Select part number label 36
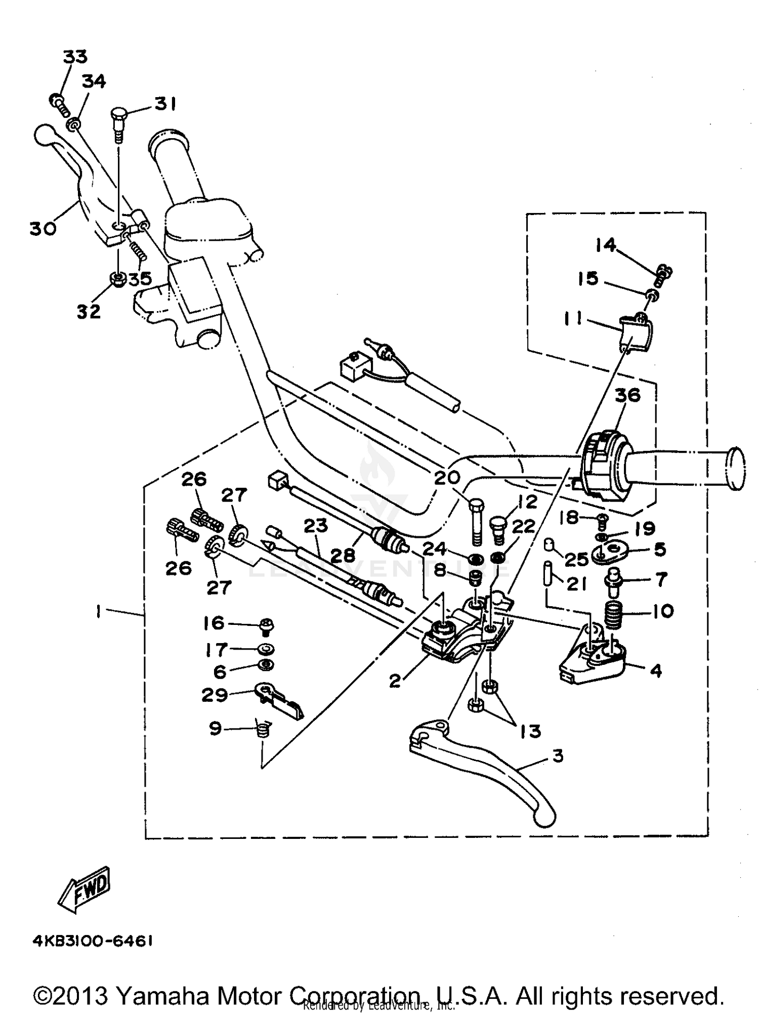tap(627, 395)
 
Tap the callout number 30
tap(43, 229)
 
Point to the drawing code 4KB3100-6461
tap(93, 941)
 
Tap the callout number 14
tap(606, 245)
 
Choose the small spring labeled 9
tap(263, 729)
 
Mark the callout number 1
tap(97, 612)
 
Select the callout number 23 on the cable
tap(316, 526)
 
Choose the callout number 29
tap(215, 695)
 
